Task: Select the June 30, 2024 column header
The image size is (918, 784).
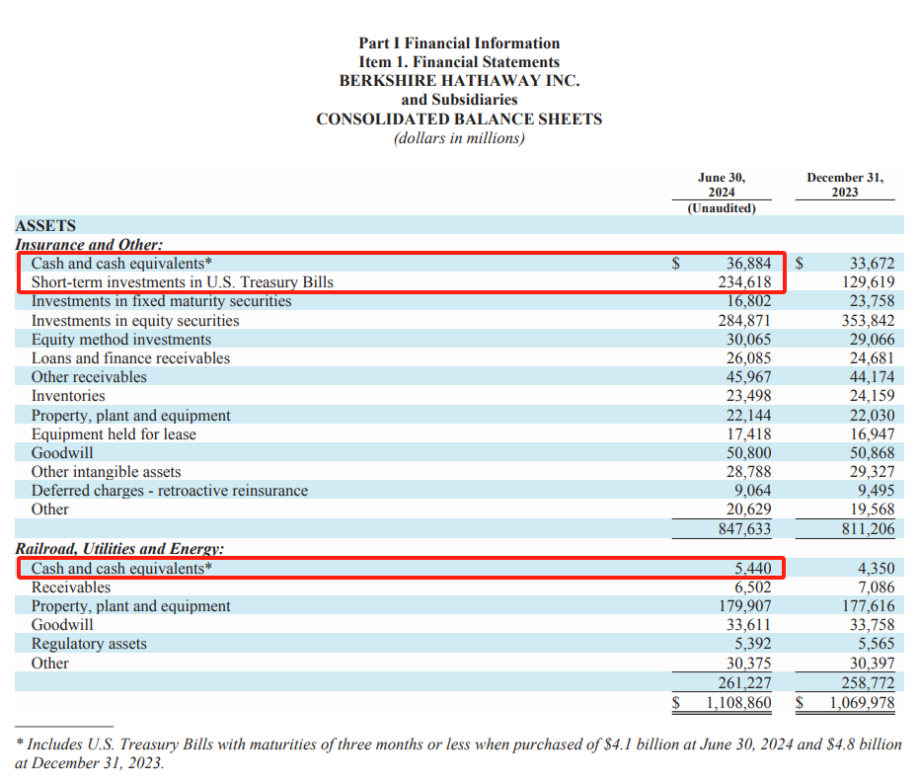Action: [x=722, y=185]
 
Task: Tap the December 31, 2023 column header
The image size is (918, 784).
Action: [x=844, y=185]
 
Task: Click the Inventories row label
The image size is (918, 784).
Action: [x=68, y=396]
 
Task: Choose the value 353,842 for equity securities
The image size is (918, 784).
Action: [x=865, y=320]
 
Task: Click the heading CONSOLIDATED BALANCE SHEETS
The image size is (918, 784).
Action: [x=459, y=119]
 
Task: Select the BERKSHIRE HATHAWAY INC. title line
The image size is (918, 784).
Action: [x=459, y=81]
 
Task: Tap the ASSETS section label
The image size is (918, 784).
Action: [x=45, y=225]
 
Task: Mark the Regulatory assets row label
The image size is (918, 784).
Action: [x=89, y=644]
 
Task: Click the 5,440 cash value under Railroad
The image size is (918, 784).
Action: [x=752, y=569]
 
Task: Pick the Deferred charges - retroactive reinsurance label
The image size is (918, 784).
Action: [x=170, y=491]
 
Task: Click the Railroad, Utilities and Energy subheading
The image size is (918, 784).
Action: [x=119, y=549]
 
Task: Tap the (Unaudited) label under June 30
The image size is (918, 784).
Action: [x=722, y=208]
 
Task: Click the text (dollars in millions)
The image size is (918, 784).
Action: [x=459, y=138]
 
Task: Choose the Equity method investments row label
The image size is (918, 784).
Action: [x=121, y=339]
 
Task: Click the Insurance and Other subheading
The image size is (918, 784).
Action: [x=89, y=244]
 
